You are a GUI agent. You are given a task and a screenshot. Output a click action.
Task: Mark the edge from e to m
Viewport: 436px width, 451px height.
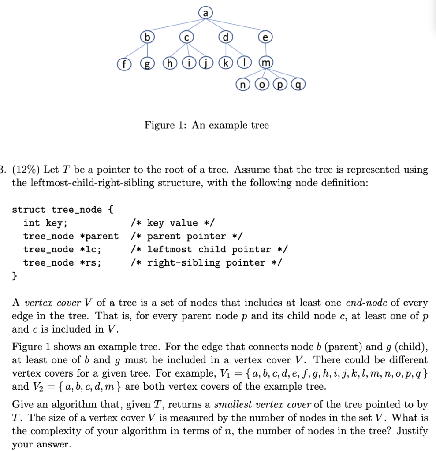[265, 50]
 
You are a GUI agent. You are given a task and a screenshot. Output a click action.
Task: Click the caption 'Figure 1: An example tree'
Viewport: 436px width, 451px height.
[206, 126]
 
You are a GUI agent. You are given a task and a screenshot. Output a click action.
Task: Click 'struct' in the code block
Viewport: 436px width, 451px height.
[28, 210]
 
